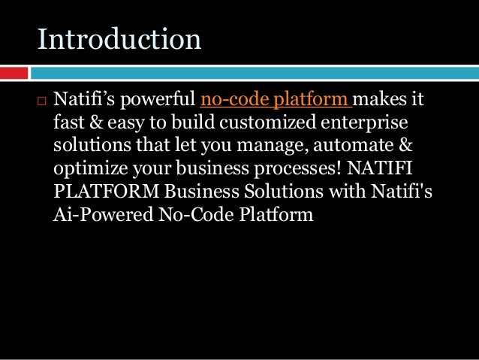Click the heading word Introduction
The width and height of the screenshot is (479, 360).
[x=119, y=39]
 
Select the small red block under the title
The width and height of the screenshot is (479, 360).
[x=14, y=73]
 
